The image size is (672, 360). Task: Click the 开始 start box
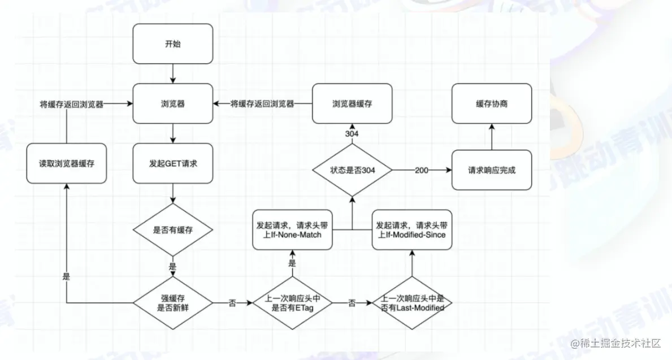[x=172, y=44]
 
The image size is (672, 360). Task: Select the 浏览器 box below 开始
[x=172, y=104]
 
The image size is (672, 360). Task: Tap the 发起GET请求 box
[x=172, y=163]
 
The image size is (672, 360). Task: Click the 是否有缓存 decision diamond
[x=172, y=231]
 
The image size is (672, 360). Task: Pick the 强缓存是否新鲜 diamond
[x=172, y=303]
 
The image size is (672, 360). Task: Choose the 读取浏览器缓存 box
[x=67, y=163]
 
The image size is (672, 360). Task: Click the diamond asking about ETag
[x=291, y=303]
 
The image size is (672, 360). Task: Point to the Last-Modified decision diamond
[x=412, y=303]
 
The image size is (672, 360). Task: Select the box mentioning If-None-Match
[x=292, y=229]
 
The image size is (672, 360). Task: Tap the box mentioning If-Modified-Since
[x=412, y=229]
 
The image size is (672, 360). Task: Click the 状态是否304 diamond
[x=352, y=170]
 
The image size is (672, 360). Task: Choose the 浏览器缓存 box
[x=352, y=104]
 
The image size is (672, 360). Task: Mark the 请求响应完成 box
[x=492, y=170]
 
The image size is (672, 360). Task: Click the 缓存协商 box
[x=492, y=104]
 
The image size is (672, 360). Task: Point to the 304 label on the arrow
[x=352, y=133]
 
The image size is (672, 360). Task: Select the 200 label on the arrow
[x=422, y=170]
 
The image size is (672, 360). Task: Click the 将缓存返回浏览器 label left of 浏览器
[x=71, y=104]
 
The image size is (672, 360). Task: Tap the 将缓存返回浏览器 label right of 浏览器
[x=262, y=104]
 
